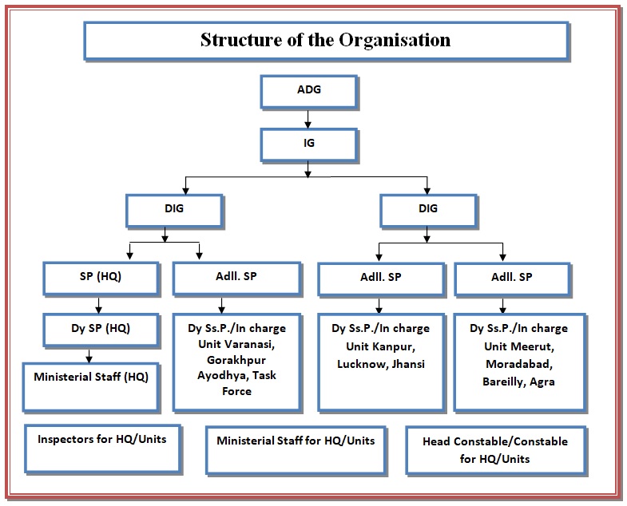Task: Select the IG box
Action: [x=308, y=144]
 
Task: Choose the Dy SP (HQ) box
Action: [x=97, y=327]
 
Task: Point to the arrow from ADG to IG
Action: [x=308, y=118]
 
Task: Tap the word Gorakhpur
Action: [x=236, y=360]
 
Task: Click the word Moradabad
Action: [x=518, y=365]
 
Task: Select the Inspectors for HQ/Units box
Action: [x=101, y=448]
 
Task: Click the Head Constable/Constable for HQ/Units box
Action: [x=496, y=450]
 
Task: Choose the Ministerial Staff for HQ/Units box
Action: [x=296, y=450]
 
